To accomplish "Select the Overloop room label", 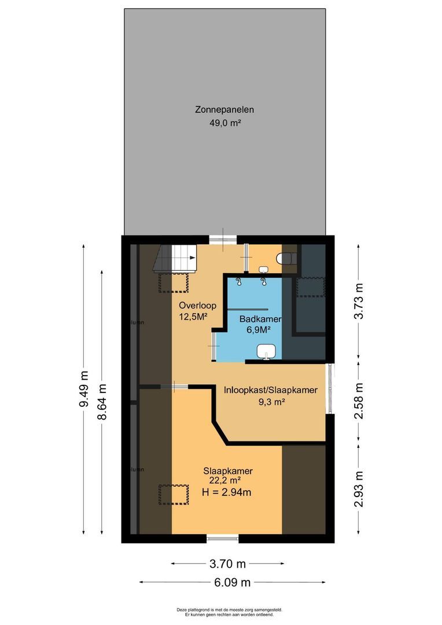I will coord(194,305).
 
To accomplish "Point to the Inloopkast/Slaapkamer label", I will coord(271,391).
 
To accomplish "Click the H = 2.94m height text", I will coord(222,492).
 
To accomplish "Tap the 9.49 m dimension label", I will coord(83,389).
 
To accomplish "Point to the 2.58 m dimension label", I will coord(359,400).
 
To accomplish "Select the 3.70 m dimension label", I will coord(227,563).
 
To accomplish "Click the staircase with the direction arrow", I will coord(175,258).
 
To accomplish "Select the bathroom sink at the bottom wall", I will coord(267,351).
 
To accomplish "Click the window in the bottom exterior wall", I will coord(223,539).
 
